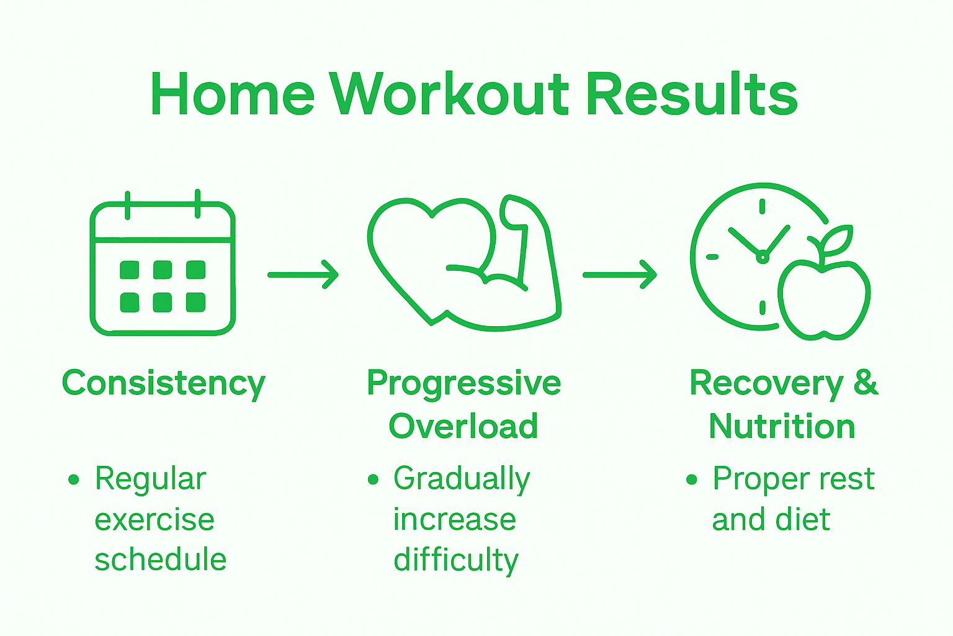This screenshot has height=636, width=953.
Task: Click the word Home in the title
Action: click(233, 94)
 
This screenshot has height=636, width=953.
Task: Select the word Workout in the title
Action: click(449, 94)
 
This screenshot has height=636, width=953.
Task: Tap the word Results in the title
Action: click(692, 94)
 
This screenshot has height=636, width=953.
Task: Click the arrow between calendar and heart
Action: click(303, 275)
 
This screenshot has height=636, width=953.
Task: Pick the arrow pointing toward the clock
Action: click(619, 275)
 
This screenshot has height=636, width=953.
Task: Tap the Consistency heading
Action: click(164, 384)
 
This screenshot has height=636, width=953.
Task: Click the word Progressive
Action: click(463, 383)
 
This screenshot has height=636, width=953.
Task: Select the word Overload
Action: click(463, 426)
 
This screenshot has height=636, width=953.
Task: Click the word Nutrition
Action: click(782, 427)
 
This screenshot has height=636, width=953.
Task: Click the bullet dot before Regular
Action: click(74, 479)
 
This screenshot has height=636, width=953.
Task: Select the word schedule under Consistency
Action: click(160, 559)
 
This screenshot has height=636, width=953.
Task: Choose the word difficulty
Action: click(456, 560)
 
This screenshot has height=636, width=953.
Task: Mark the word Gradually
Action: click(462, 479)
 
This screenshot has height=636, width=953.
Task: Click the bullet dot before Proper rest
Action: click(692, 479)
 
